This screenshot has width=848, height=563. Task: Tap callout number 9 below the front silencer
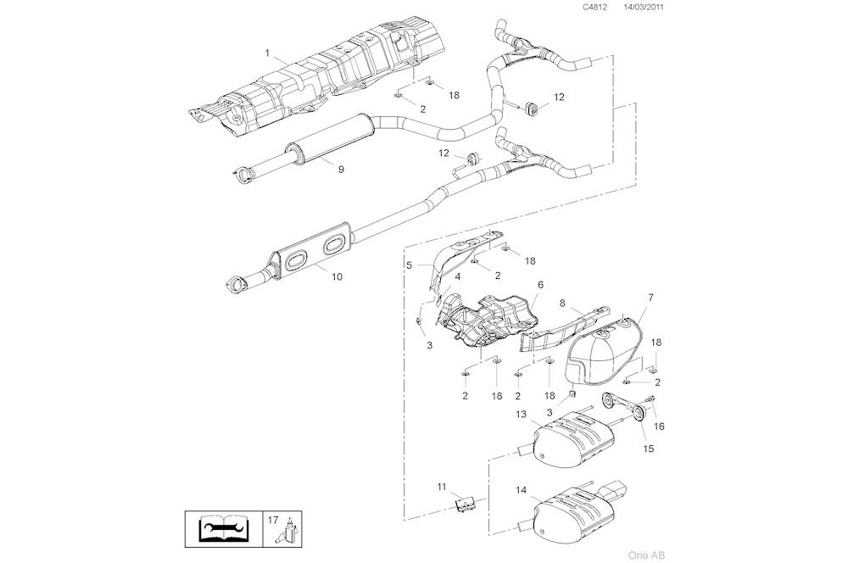pyautogui.click(x=341, y=170)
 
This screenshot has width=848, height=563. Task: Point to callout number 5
pyautogui.click(x=409, y=265)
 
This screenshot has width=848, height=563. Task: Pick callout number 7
pyautogui.click(x=650, y=298)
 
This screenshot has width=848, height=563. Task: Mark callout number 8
pyautogui.click(x=562, y=302)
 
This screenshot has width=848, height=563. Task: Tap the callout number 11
pyautogui.click(x=441, y=486)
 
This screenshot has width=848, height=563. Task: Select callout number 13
pyautogui.click(x=522, y=414)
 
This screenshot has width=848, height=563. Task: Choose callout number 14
pyautogui.click(x=521, y=490)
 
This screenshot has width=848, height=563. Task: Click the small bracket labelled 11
pyautogui.click(x=464, y=504)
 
